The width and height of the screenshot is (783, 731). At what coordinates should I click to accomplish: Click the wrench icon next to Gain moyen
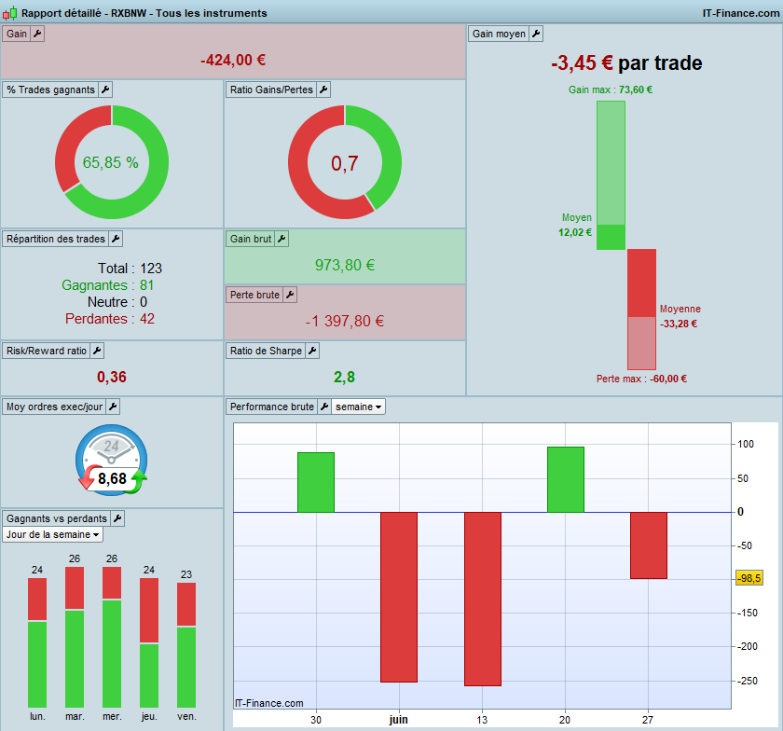536,34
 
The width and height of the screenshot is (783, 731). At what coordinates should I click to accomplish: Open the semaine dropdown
358,407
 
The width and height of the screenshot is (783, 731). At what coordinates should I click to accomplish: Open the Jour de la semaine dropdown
52,534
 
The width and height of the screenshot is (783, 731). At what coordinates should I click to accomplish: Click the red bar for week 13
483,600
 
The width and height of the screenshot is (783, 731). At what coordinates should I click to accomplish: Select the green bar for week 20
565,479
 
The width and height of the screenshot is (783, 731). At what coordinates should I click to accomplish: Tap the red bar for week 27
648,545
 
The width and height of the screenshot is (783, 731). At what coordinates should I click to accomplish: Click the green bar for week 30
316,483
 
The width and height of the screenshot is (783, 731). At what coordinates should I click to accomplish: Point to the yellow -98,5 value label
749,578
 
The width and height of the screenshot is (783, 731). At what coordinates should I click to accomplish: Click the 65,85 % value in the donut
110,162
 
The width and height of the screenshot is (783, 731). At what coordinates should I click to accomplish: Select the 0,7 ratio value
345,163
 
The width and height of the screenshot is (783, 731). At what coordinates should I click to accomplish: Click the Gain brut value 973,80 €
345,265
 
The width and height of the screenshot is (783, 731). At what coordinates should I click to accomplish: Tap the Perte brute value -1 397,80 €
345,321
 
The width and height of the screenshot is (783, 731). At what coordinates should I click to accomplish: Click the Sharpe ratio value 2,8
344,377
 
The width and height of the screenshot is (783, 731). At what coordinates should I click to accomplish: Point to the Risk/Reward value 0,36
111,377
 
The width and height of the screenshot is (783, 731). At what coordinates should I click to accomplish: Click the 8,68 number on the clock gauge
112,478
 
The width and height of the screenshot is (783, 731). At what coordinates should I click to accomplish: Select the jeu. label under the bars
149,716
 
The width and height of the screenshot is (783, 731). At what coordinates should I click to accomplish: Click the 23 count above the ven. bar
186,574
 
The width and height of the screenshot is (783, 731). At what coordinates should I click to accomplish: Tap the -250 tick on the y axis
747,681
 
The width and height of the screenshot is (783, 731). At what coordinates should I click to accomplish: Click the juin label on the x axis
399,720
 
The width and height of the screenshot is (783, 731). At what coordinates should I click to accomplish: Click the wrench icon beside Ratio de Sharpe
312,351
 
